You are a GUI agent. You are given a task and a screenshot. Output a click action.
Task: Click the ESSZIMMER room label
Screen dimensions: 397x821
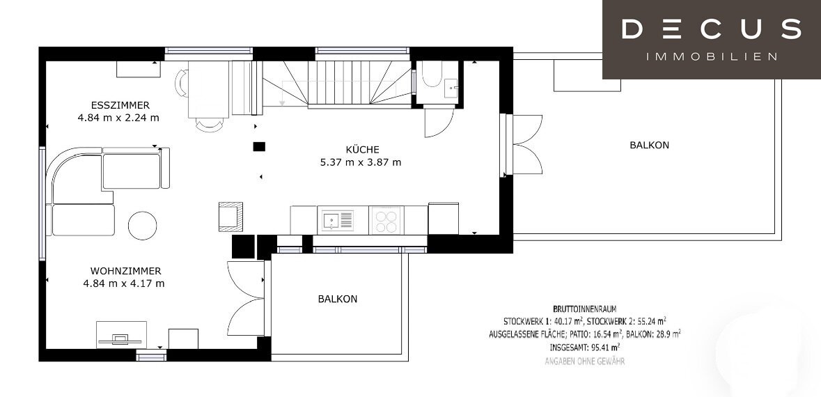[119, 105]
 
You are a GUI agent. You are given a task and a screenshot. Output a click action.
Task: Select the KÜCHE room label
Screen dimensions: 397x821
[362, 149]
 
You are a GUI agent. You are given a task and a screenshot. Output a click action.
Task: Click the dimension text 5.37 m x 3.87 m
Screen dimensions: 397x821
[360, 162]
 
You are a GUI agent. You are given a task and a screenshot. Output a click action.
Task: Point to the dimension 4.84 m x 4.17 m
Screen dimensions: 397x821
[123, 283]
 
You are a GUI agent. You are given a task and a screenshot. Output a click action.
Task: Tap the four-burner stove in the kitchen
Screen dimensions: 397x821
[385, 221]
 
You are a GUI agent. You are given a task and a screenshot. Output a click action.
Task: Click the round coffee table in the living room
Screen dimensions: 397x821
[143, 225]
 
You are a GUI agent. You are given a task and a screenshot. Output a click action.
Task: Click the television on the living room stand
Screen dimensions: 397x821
[120, 338]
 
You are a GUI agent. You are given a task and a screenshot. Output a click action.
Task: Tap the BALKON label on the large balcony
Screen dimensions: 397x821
[649, 146]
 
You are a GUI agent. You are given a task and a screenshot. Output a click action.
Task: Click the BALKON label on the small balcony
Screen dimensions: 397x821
[337, 299]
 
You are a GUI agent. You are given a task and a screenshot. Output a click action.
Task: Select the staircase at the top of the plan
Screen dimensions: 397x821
[334, 82]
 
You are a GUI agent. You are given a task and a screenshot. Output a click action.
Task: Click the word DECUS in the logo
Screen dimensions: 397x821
[711, 29]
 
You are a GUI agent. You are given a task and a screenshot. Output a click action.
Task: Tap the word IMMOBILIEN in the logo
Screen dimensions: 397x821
[711, 56]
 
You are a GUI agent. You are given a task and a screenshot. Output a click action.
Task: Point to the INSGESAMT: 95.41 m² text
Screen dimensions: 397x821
[585, 347]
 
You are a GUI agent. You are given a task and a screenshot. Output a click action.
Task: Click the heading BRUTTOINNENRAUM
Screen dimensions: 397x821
[584, 308]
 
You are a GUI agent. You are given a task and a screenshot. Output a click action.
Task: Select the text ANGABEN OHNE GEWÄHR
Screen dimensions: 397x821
[584, 361]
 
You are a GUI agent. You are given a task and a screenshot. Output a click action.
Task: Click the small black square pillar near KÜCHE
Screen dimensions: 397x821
[259, 146]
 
